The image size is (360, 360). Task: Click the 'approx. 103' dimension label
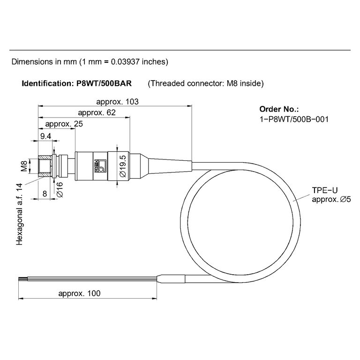(x=117, y=102)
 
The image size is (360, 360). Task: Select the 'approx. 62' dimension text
(x=97, y=112)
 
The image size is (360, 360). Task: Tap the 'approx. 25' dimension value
(x=64, y=124)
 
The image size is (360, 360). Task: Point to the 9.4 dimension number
(x=45, y=136)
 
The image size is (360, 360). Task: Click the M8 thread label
(x=24, y=166)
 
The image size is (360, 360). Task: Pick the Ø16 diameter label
(x=60, y=190)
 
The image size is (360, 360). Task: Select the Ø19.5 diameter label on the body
(x=123, y=166)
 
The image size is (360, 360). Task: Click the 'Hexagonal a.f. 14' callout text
(x=19, y=214)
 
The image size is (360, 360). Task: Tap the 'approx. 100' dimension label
(x=79, y=293)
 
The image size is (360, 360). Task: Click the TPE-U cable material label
(x=325, y=190)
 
